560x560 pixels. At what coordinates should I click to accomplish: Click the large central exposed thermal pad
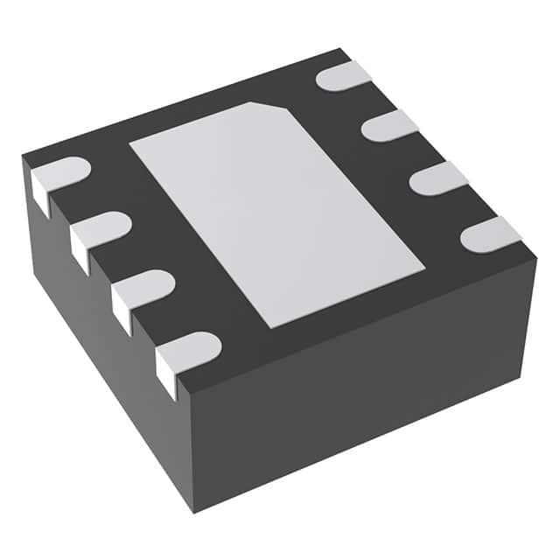pyautogui.click(x=276, y=210)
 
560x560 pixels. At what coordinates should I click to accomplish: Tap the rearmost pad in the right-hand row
pyautogui.click(x=344, y=76)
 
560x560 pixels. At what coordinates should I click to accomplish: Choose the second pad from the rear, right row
pyautogui.click(x=389, y=126)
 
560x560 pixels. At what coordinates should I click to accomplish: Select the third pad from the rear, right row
pyautogui.click(x=438, y=178)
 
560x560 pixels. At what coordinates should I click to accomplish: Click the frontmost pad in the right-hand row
pyautogui.click(x=491, y=234)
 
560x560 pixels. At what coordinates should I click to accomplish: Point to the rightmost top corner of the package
pyautogui.click(x=535, y=258)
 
